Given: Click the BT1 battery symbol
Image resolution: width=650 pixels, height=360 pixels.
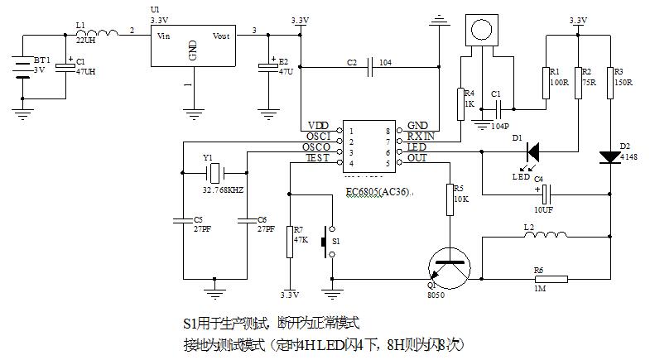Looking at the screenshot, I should click(x=20, y=66).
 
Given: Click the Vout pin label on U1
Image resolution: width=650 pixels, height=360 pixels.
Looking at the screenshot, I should click(x=222, y=36).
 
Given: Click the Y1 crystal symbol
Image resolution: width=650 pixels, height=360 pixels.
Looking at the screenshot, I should click(x=214, y=173).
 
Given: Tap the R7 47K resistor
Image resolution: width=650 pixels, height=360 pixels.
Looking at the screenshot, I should click(x=290, y=242).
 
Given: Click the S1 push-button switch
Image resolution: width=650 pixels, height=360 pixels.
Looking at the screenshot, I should click(x=332, y=241).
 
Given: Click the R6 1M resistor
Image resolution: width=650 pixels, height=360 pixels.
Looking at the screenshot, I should click(x=550, y=279).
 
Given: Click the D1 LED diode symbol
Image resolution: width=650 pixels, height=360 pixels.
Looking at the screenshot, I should click(x=532, y=151).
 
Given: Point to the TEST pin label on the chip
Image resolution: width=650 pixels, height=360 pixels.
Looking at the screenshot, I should click(x=318, y=157).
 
